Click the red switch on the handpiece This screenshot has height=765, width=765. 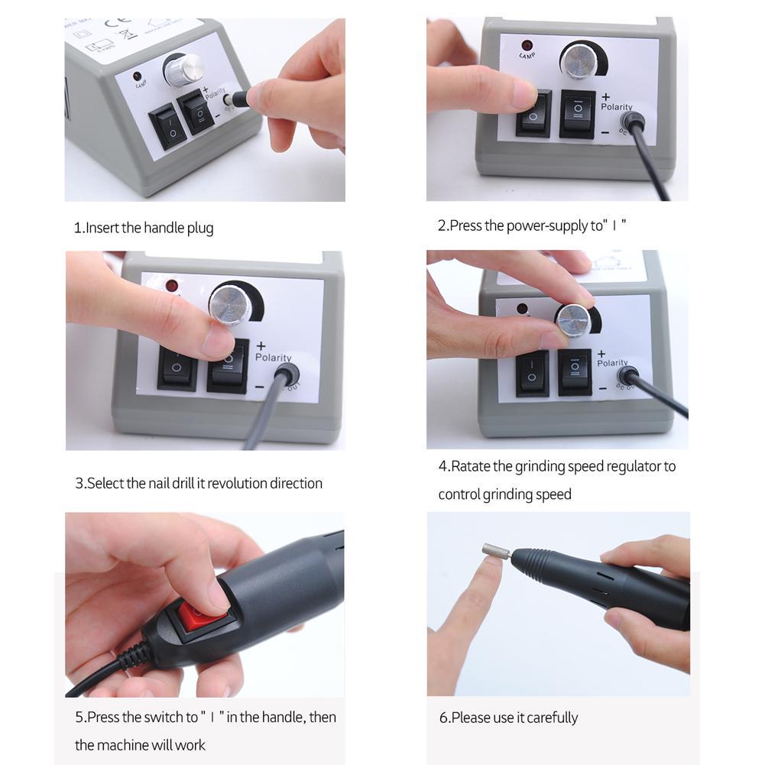[x=201, y=615]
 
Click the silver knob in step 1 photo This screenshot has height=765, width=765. [x=183, y=70]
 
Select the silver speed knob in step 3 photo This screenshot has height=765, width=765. [x=231, y=303]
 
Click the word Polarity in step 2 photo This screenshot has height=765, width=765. [x=616, y=107]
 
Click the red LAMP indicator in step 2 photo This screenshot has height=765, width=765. [x=527, y=46]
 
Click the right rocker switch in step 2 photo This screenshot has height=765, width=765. [x=577, y=113]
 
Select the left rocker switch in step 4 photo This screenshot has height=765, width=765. [x=532, y=373]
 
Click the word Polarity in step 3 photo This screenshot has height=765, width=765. [x=274, y=357]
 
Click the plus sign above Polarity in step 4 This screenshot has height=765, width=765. [x=601, y=354]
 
